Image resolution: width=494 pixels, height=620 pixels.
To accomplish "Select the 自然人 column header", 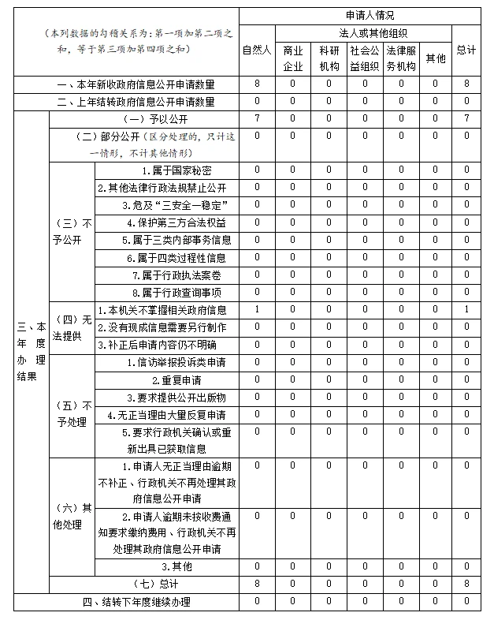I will [x=257, y=50].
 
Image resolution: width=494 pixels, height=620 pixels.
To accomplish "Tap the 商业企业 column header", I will [x=292, y=58].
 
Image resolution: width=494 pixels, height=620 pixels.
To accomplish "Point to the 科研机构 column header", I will [x=329, y=58].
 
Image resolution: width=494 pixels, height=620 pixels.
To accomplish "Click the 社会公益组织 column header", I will [x=365, y=58].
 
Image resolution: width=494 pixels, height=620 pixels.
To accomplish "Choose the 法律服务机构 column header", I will [x=400, y=58].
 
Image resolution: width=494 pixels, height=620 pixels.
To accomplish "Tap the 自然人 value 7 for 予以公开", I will [x=257, y=118].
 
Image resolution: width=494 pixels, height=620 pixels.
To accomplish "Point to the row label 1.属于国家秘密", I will [x=176, y=170].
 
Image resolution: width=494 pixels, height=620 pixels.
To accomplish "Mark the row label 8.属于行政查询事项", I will [x=176, y=292].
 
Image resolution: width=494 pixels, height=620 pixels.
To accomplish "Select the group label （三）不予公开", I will [x=71, y=230].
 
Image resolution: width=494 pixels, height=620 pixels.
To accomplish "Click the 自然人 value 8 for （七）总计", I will [x=257, y=584].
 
